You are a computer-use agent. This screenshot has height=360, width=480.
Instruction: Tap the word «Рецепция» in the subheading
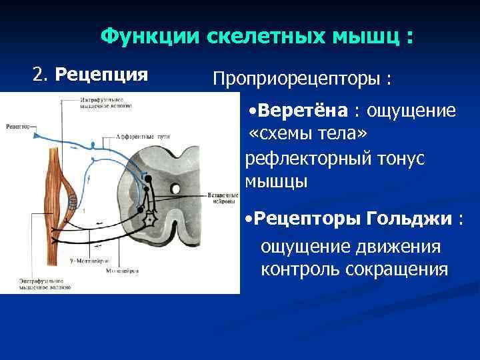coord(101,74)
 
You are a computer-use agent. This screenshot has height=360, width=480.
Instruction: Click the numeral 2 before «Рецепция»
coord(39,74)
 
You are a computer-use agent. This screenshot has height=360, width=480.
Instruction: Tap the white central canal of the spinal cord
coord(175,189)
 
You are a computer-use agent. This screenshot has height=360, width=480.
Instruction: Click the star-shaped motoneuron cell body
coord(151,219)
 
